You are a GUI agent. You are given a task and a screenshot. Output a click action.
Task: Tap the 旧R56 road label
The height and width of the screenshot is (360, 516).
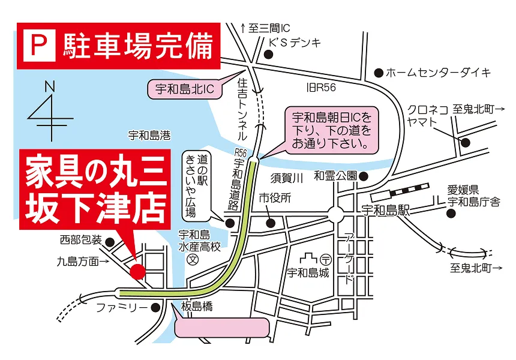(321, 88)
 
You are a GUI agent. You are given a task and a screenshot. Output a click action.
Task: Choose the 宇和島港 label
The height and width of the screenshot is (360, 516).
(149, 136)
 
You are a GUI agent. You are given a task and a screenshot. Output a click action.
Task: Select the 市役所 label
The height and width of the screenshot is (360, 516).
(275, 197)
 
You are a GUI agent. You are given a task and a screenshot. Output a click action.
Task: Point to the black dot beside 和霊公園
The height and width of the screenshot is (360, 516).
(364, 176)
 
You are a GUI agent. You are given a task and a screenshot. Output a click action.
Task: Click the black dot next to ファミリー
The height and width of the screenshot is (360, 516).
(157, 308)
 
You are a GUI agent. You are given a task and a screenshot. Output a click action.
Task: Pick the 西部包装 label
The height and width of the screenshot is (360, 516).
(80, 240)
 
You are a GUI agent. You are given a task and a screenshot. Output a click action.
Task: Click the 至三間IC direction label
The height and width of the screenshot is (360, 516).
(264, 28)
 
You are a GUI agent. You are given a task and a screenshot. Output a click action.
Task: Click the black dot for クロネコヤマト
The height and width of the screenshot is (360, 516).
(465, 142)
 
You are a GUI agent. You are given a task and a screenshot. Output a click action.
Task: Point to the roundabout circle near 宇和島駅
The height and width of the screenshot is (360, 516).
(335, 215)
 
